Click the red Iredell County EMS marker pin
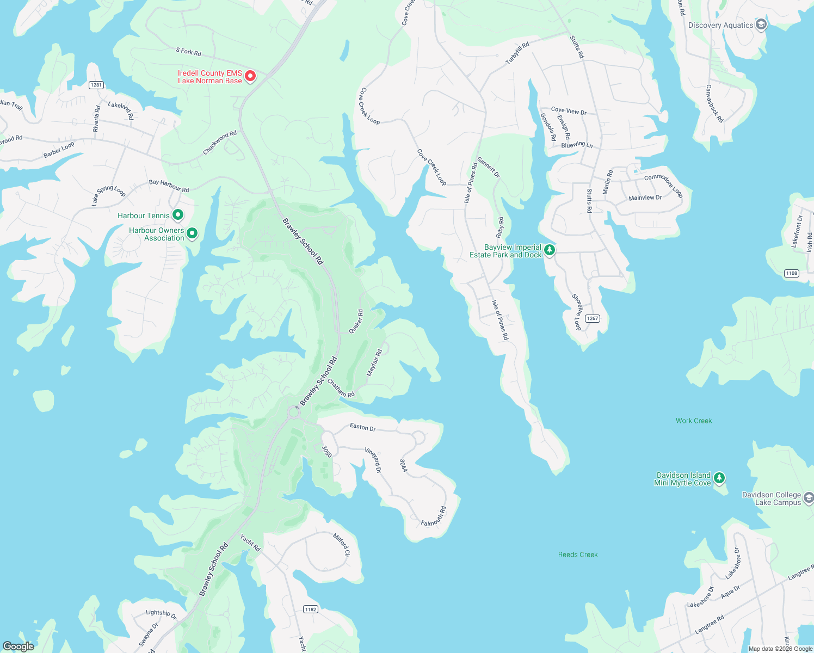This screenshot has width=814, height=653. tap(250, 76)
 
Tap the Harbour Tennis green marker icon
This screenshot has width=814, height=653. tap(178, 215)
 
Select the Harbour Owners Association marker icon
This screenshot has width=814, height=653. tap(192, 233)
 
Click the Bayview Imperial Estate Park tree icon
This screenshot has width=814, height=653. tap(550, 250)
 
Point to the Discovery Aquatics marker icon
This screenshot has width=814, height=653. tap(761, 24)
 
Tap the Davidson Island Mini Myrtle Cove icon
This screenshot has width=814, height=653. tap(719, 478)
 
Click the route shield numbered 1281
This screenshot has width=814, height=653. tap(96, 85)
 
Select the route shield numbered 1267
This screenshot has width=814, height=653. tap(592, 318)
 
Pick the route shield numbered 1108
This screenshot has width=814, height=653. tap(791, 273)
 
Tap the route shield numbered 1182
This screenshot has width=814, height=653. tap(311, 609)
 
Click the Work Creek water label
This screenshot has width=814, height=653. tap(694, 421)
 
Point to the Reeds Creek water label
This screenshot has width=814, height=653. tap(578, 555)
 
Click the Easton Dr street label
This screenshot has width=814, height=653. tap(363, 427)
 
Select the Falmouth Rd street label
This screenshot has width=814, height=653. tap(434, 516)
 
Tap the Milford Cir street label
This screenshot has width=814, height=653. tap(342, 545)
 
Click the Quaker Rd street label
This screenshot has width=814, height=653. tap(356, 322)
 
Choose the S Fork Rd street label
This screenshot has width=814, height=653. tap(188, 52)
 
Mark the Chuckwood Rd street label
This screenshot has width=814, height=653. tap(220, 143)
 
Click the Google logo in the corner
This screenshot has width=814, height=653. tap(18, 646)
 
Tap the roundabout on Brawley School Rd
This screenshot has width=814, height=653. tap(294, 413)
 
